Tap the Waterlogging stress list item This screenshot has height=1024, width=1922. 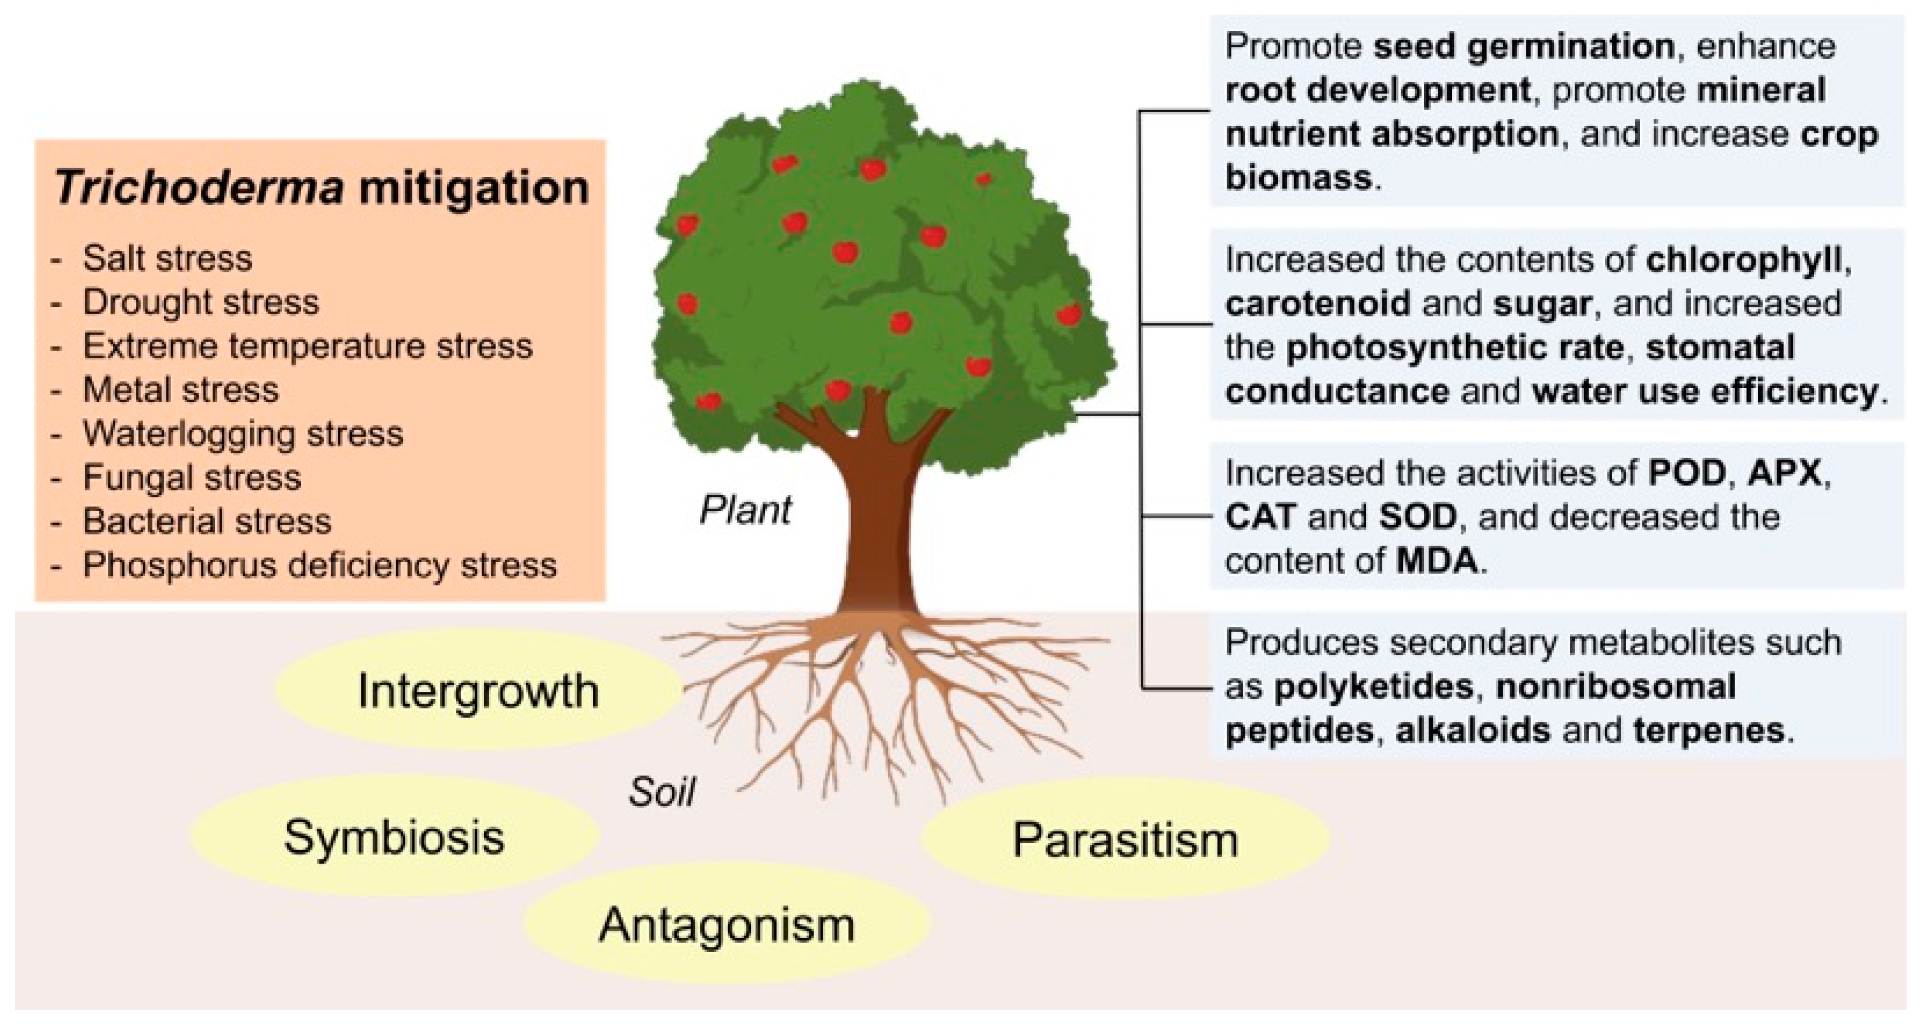243,433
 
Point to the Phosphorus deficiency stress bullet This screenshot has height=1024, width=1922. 319,565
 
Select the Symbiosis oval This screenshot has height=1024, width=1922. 394,837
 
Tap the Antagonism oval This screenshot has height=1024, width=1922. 727,925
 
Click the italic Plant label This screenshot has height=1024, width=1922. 745,511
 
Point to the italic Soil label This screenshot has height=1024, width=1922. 662,792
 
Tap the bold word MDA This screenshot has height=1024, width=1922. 1436,561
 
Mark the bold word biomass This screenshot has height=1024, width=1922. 1298,178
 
